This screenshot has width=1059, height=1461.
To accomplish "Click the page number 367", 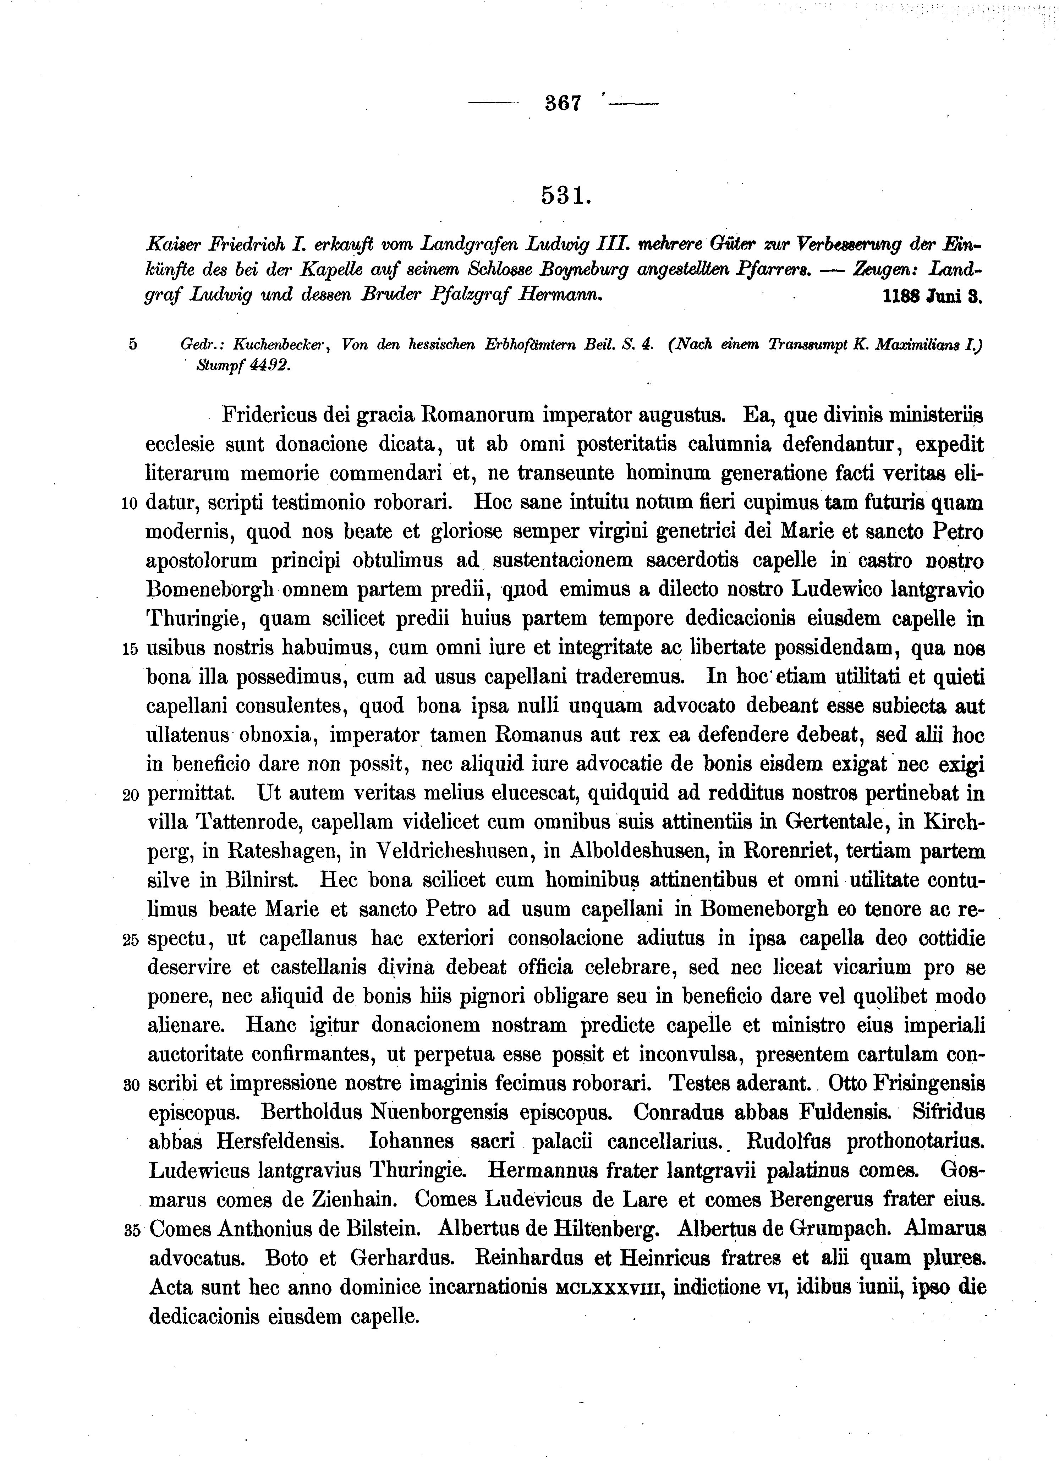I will click(x=563, y=103).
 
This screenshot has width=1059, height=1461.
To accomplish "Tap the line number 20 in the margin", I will click(x=130, y=796).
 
